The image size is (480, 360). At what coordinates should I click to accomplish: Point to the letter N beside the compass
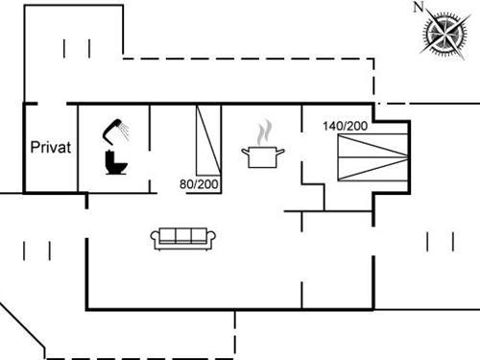(418, 8)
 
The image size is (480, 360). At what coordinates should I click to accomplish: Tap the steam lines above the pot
(265, 131)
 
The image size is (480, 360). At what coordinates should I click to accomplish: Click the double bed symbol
(375, 156)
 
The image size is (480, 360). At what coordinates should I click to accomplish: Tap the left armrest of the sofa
(155, 239)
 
